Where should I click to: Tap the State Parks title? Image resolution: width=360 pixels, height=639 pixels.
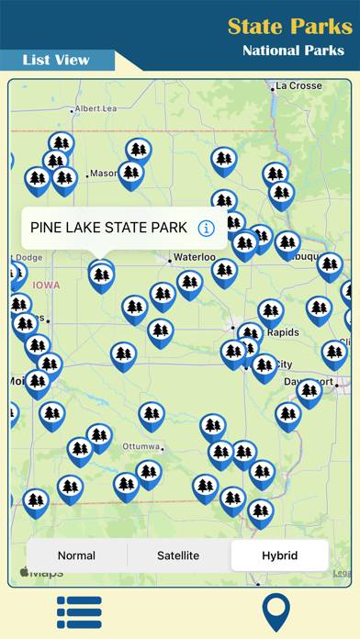click(289, 26)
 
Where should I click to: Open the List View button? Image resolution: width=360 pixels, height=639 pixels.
click(57, 60)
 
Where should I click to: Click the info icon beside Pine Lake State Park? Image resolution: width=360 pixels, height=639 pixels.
click(206, 228)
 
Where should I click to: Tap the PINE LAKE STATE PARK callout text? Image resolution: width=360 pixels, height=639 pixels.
click(108, 228)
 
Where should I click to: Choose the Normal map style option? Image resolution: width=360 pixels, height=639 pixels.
click(76, 555)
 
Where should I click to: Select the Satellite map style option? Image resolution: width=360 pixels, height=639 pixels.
click(178, 555)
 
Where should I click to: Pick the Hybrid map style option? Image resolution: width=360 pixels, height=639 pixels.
click(279, 555)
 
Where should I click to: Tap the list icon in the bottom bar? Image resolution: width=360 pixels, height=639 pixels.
click(79, 612)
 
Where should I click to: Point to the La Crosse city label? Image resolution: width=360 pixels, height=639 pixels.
click(298, 86)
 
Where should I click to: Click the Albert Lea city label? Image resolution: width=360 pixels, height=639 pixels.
click(96, 108)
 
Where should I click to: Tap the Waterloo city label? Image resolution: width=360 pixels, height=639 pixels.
click(195, 258)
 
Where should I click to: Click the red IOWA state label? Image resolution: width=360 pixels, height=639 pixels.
click(46, 286)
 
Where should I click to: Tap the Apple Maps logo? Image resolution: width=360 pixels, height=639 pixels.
click(42, 573)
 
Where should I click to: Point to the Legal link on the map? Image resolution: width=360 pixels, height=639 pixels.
click(341, 573)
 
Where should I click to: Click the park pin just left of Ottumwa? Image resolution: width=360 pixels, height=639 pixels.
click(99, 436)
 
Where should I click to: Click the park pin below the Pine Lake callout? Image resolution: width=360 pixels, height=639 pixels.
click(101, 275)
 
